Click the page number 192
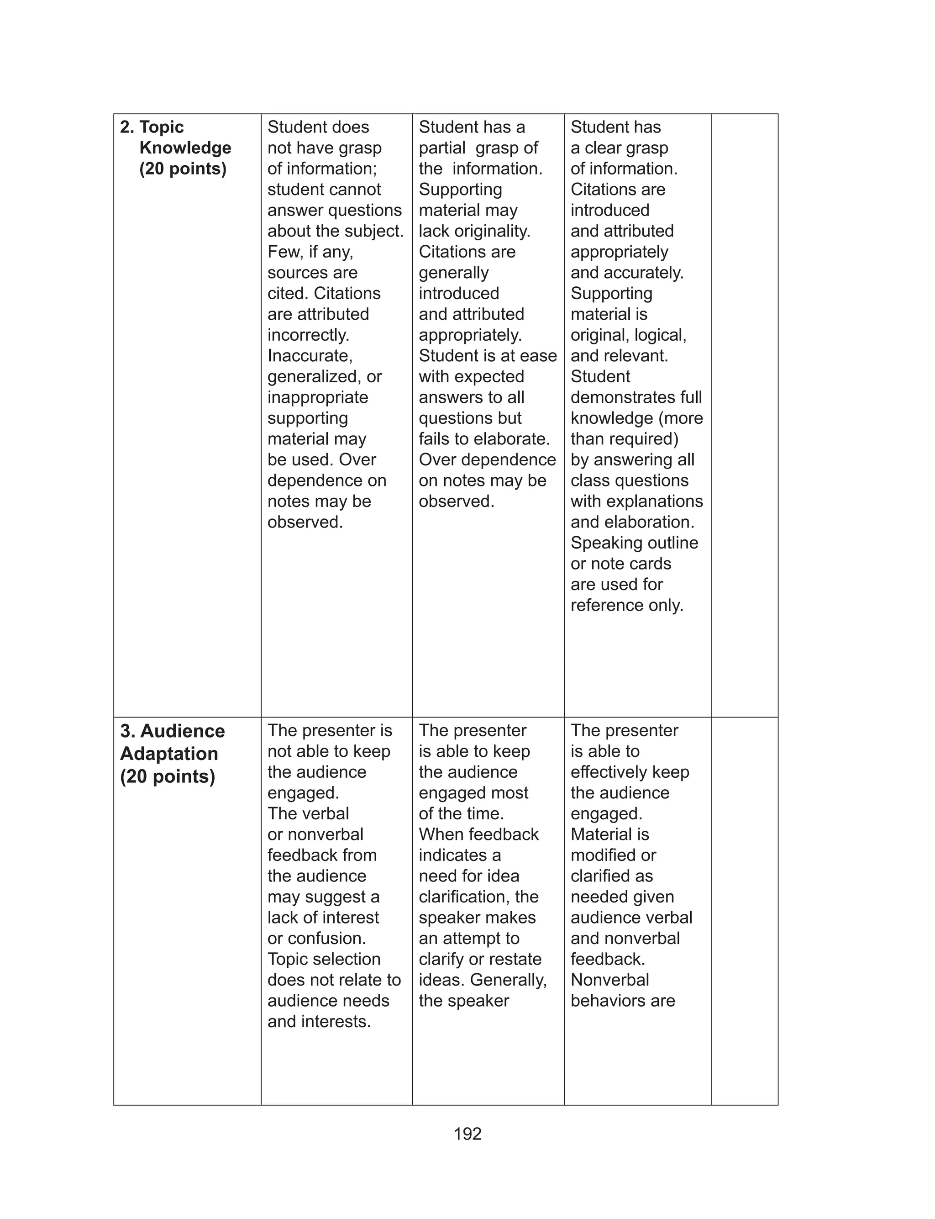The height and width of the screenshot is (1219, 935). click(x=467, y=1134)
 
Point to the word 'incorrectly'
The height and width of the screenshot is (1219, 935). click(x=308, y=335)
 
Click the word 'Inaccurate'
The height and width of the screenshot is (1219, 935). click(x=310, y=356)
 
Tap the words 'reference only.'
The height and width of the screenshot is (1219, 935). click(x=627, y=605)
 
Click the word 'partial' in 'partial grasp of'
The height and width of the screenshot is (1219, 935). click(x=442, y=148)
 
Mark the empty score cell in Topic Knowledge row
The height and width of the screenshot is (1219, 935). click(x=744, y=415)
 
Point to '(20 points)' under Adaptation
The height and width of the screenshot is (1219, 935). click(x=168, y=776)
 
